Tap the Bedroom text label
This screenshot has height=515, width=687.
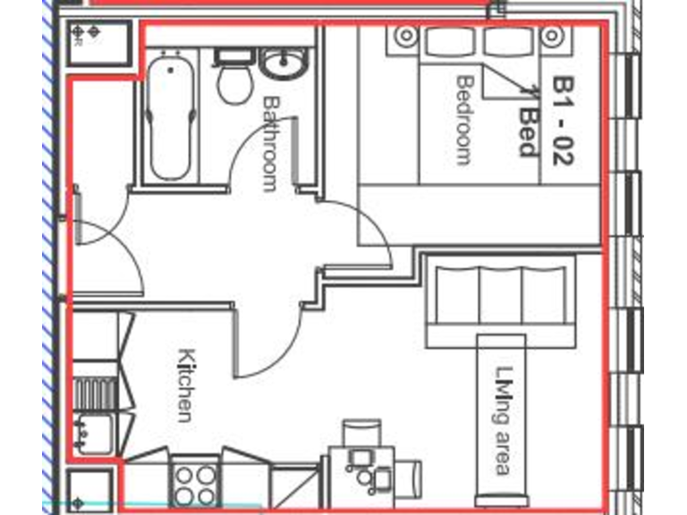463,120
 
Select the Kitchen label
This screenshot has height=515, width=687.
186,384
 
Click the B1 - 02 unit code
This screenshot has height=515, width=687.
563,121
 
